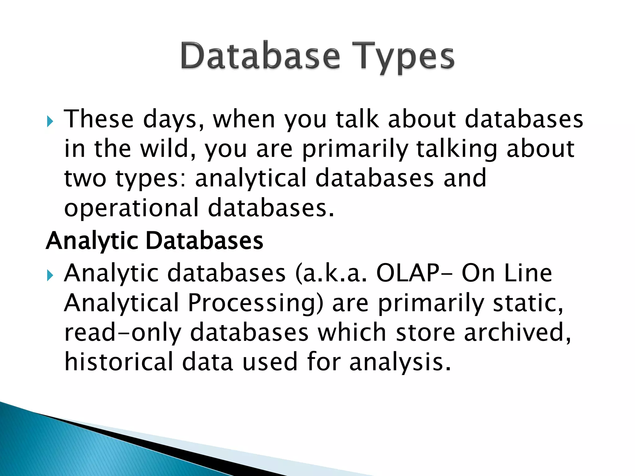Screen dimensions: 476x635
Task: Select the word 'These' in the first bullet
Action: [99, 119]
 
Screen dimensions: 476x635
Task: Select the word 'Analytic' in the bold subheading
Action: [92, 241]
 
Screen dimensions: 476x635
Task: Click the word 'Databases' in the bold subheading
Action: [204, 240]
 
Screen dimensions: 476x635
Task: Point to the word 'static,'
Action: [528, 303]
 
